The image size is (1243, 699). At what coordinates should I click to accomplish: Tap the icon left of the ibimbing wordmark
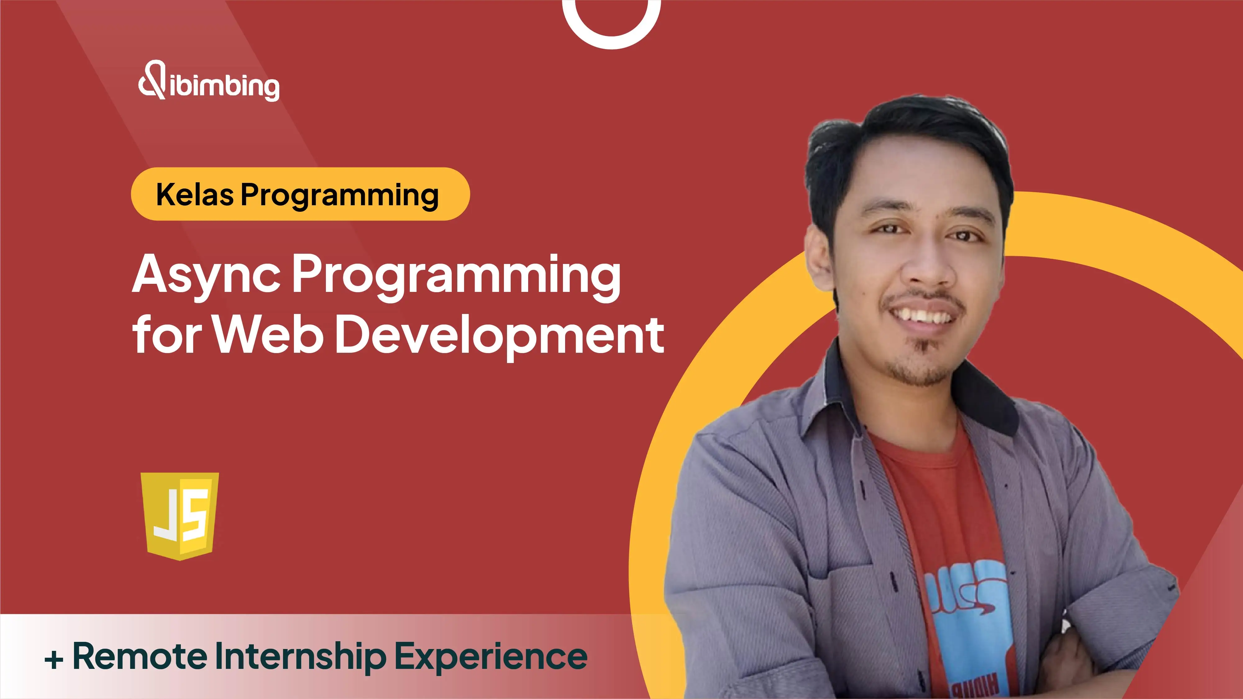pyautogui.click(x=152, y=79)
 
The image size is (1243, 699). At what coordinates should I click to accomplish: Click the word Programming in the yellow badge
pyautogui.click(x=340, y=195)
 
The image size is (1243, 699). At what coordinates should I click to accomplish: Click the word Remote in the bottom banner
pyautogui.click(x=139, y=656)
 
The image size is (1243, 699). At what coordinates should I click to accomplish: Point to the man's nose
pyautogui.click(x=926, y=270)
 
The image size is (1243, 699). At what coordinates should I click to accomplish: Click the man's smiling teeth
pyautogui.click(x=924, y=316)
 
